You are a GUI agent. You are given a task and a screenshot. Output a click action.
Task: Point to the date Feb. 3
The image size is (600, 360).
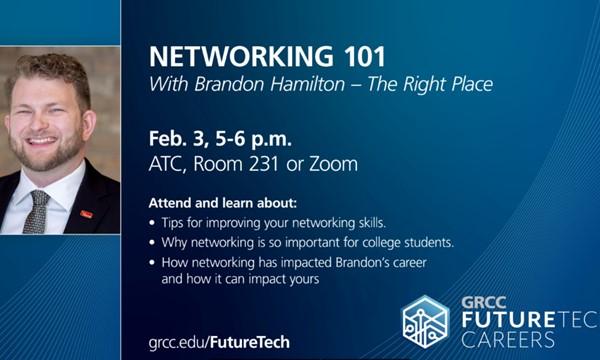pyautogui.click(x=175, y=137)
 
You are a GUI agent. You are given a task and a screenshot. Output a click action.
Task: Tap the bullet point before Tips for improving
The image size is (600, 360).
pyautogui.click(x=151, y=221)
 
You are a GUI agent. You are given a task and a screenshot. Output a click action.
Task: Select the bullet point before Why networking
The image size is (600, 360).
pyautogui.click(x=151, y=243)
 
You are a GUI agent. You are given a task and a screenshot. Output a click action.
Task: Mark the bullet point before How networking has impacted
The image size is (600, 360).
pyautogui.click(x=151, y=264)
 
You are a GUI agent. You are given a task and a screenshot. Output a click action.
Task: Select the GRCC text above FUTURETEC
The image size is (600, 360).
pyautogui.click(x=486, y=300)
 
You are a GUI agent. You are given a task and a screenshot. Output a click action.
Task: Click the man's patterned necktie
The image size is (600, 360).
pyautogui.click(x=36, y=212)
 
